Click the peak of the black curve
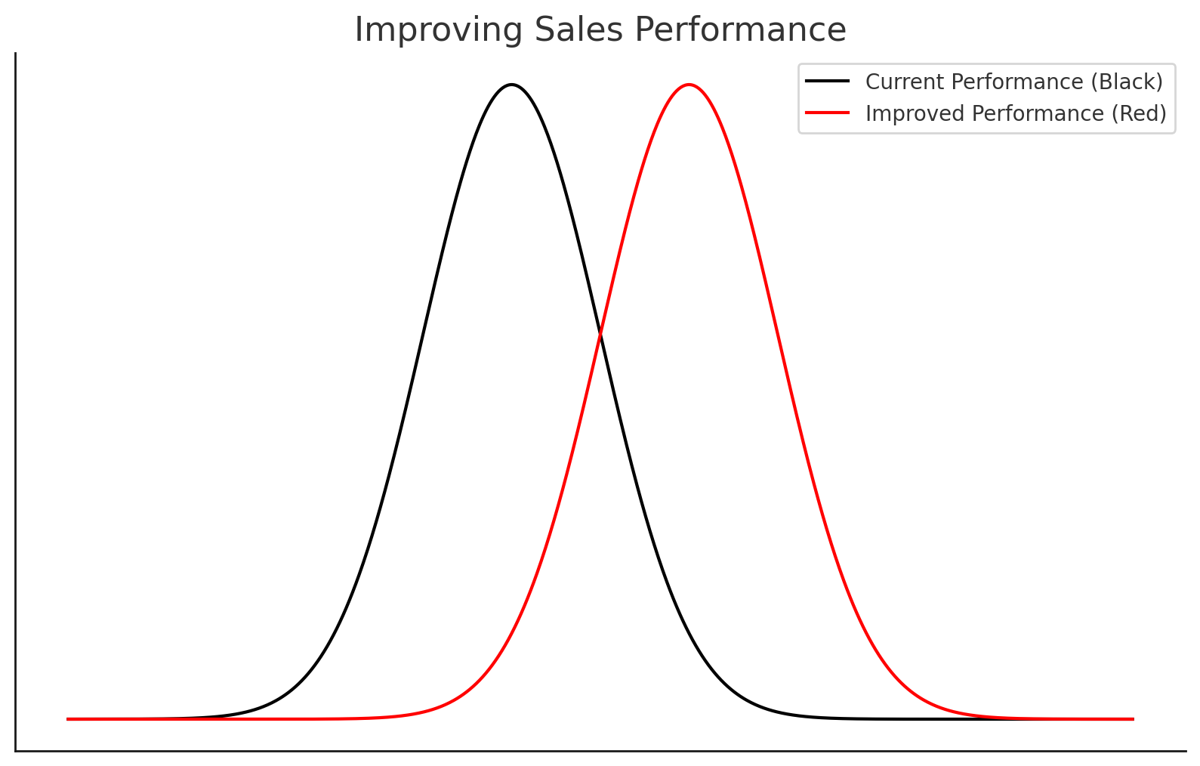click(512, 85)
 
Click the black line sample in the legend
click(828, 82)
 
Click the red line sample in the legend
click(828, 113)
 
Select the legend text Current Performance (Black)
click(1014, 82)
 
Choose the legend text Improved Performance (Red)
click(1016, 113)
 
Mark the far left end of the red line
click(68, 719)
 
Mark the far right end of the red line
click(1133, 719)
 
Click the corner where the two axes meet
click(16, 751)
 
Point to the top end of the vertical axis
click(16, 54)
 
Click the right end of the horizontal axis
click(1185, 751)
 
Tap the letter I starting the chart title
click(358, 31)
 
